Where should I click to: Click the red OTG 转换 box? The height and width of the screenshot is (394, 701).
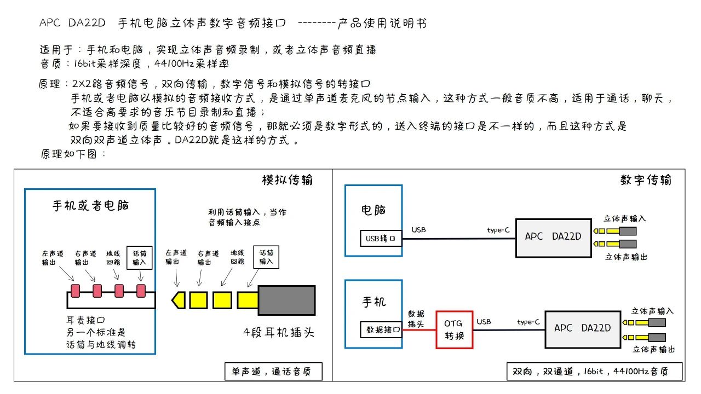(x=454, y=329)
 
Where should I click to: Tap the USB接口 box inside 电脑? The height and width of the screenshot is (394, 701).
(x=381, y=239)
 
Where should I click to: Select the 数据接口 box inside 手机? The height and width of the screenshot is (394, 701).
(x=381, y=330)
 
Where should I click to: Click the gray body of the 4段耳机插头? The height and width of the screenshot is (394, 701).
(x=286, y=300)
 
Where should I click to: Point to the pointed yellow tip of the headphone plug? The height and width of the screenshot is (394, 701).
(x=177, y=300)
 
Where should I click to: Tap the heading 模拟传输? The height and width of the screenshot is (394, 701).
(x=288, y=180)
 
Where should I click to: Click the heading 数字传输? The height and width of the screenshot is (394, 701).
(x=646, y=180)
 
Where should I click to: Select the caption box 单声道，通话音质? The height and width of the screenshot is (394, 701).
(x=273, y=372)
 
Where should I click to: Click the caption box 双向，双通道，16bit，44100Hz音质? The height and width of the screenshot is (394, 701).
(x=594, y=372)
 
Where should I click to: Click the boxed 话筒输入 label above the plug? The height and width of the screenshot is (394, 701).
(x=266, y=258)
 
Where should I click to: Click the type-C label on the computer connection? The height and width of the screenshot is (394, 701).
(x=498, y=230)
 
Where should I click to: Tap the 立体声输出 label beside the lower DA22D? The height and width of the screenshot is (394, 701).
(x=653, y=349)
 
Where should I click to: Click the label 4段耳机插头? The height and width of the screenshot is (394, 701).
(x=279, y=332)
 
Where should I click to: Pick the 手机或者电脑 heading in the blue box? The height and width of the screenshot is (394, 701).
(x=90, y=206)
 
